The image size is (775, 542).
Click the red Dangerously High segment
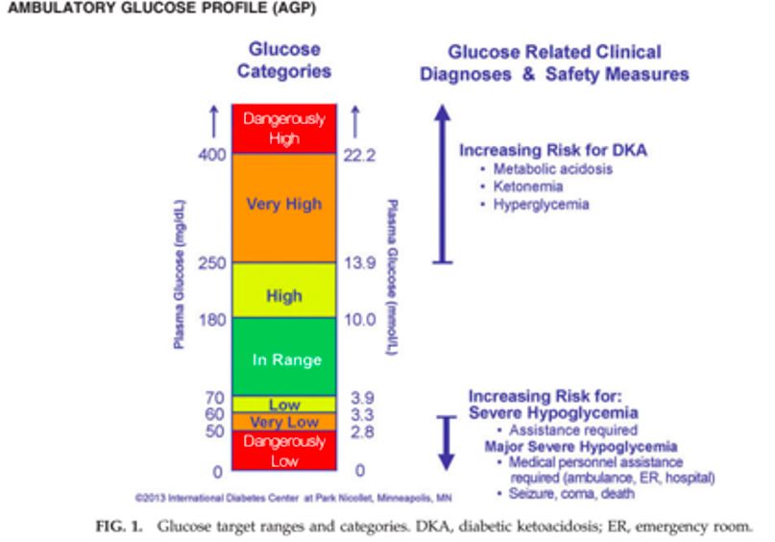(283, 129)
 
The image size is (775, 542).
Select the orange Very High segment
(283, 205)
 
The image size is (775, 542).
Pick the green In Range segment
(283, 358)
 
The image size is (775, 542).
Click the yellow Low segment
(283, 405)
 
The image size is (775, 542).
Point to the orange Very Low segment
(283, 422)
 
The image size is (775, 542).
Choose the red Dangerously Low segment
(283, 450)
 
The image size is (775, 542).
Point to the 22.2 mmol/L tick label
(359, 155)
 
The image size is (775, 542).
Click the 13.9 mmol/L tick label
(359, 264)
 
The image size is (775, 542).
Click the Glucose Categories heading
(283, 61)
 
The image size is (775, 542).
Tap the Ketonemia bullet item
(527, 186)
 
